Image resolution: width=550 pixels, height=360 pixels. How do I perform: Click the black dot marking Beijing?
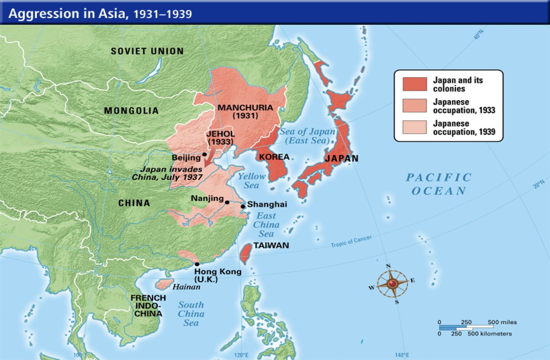205,154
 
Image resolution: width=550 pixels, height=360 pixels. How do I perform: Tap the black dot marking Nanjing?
227,202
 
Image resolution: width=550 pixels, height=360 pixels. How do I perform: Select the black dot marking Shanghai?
243,206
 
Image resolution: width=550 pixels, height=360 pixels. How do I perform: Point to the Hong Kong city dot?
197,264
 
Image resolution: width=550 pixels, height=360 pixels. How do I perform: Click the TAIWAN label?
271,245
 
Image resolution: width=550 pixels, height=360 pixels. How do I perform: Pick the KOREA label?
274,157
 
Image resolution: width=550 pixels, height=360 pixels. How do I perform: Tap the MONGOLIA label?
131,111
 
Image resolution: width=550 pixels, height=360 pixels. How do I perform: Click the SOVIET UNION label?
147,51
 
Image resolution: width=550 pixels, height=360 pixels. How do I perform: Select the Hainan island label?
186,287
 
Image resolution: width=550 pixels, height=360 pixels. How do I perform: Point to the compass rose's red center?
392,284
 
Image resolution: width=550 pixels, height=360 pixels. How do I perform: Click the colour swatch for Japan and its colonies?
414,84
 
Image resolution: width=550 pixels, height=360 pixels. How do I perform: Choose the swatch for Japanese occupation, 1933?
414,106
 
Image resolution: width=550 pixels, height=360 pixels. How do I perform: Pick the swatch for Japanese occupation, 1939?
414,127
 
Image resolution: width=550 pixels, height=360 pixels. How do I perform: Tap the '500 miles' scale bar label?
502,322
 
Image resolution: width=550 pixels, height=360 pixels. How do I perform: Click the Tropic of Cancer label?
351,241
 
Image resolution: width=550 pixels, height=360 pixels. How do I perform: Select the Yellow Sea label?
251,181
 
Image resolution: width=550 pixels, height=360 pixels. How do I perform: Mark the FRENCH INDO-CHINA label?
148,306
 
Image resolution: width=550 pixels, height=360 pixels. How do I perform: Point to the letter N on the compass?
388,266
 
